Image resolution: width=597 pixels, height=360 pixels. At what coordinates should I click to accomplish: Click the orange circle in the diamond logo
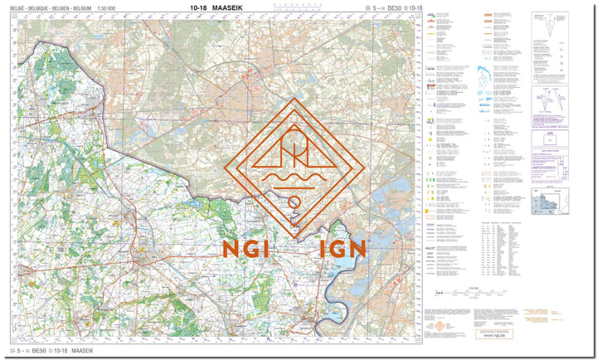[294, 202]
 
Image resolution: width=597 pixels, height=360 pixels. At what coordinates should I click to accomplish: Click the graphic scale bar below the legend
[473, 293]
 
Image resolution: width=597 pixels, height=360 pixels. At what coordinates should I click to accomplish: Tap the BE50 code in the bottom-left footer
[39, 352]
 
